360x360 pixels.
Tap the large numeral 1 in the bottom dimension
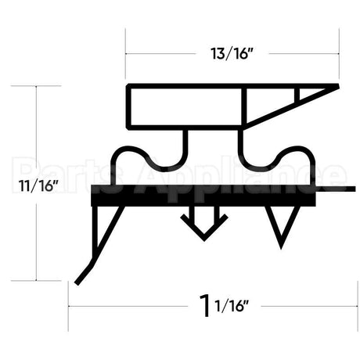(205, 304)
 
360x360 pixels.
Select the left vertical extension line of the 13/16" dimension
(125, 55)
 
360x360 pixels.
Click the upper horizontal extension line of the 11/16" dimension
(47, 85)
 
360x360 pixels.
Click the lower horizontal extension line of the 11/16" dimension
(47, 280)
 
